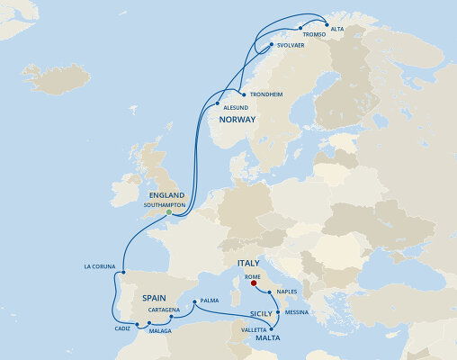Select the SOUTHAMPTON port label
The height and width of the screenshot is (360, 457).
point(165,205)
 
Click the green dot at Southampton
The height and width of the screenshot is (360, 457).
point(168,212)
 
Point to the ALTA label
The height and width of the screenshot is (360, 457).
point(336,29)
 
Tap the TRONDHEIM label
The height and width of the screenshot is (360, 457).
point(266,94)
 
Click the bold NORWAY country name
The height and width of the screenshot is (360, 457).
point(237,120)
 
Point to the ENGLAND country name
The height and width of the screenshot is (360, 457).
point(166,195)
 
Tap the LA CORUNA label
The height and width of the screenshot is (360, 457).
point(101,266)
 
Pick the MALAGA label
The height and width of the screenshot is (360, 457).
point(159,331)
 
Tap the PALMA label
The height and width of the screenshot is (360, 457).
point(210,300)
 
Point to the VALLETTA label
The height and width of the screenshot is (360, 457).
point(254,330)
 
